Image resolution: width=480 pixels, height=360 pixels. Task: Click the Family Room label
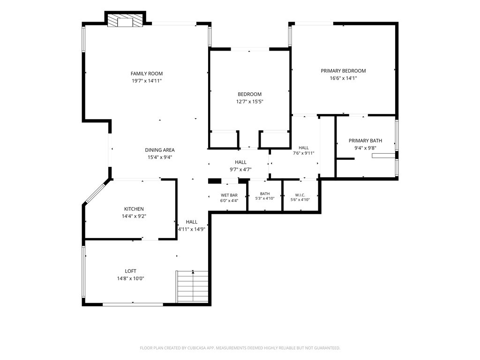tap(147, 74)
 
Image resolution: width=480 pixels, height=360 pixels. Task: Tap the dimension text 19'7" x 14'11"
tap(147, 81)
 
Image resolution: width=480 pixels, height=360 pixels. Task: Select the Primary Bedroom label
tap(343, 71)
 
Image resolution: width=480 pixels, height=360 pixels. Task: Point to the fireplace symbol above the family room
tap(125, 21)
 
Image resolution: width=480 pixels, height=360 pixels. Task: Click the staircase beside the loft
tap(193, 287)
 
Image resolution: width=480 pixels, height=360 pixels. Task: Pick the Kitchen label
tap(134, 209)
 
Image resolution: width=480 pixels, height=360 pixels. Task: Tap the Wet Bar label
tap(229, 195)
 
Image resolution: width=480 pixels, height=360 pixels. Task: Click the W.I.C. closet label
tap(300, 195)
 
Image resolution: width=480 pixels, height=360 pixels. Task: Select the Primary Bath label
tap(365, 141)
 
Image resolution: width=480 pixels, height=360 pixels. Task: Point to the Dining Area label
tap(160, 150)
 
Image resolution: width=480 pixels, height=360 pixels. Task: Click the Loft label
tap(130, 271)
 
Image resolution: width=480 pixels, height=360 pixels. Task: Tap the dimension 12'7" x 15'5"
tap(249, 102)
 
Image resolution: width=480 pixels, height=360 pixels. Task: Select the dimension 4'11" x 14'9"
tap(191, 229)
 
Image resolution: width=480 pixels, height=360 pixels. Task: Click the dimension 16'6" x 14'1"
tap(343, 78)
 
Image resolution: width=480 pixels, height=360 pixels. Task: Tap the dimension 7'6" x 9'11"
tap(304, 153)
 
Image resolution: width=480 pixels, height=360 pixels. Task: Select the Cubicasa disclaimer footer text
tap(240, 348)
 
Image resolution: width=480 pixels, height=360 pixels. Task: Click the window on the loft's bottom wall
tap(133, 304)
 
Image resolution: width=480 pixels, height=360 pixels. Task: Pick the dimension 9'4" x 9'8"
tap(365, 148)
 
